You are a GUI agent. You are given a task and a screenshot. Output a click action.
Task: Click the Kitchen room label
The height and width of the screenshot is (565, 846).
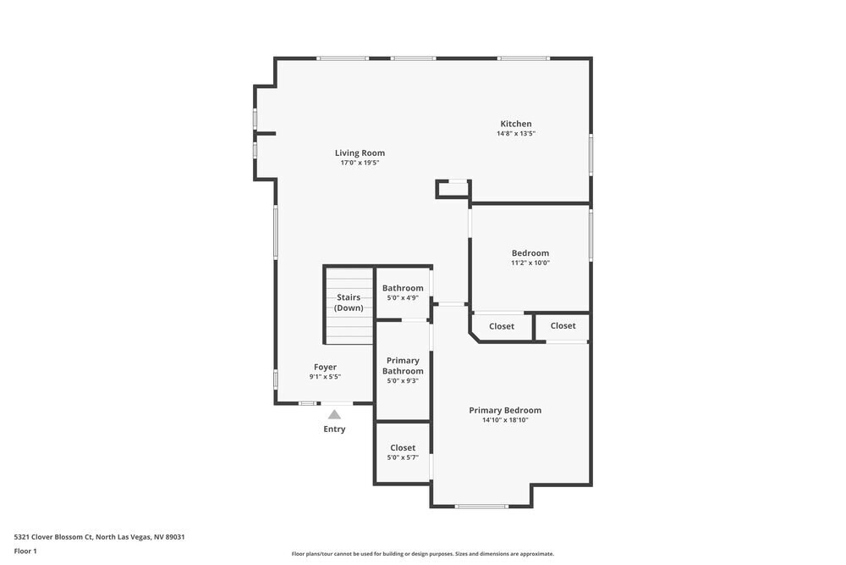[515, 124]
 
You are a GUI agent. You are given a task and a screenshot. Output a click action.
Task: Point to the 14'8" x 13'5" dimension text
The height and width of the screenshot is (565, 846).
[515, 134]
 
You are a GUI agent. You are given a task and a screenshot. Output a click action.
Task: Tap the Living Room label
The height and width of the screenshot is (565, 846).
[360, 153]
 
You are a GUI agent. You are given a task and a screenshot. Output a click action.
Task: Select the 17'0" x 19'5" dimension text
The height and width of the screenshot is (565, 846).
[360, 163]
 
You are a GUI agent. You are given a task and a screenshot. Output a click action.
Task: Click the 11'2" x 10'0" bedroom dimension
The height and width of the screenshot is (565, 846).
[530, 263]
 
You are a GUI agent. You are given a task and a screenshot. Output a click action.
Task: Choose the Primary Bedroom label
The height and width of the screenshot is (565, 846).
[505, 410]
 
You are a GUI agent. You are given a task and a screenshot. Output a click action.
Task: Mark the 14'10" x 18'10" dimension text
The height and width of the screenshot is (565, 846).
[505, 420]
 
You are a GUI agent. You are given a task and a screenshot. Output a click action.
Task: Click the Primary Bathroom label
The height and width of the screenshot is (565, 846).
[403, 366]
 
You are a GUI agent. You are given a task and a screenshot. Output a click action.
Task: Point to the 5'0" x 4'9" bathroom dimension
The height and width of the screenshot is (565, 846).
[403, 297]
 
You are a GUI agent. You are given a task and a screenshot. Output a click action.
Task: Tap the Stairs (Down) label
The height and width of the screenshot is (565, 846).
[349, 302]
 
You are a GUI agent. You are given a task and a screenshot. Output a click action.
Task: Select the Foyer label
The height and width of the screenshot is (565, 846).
[325, 367]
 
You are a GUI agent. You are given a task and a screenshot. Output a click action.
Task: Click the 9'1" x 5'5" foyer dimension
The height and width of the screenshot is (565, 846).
[325, 377]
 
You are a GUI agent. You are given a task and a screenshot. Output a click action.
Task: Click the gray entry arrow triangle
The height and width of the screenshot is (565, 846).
[334, 414]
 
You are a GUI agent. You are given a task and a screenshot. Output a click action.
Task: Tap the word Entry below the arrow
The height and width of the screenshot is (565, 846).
[334, 429]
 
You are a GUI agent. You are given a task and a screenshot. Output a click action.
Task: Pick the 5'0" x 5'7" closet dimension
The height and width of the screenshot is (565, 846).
[403, 457]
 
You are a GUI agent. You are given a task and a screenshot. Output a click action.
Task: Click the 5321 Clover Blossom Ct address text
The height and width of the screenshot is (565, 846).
[99, 536]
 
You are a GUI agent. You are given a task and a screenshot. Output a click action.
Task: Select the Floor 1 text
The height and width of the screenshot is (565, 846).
[25, 551]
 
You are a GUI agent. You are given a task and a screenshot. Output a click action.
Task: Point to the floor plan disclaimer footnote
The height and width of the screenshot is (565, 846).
[422, 554]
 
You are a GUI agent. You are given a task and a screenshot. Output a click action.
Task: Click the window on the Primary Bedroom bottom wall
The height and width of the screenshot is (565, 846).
[481, 507]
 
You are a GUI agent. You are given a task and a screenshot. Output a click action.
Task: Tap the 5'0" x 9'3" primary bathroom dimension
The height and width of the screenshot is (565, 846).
[403, 381]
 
